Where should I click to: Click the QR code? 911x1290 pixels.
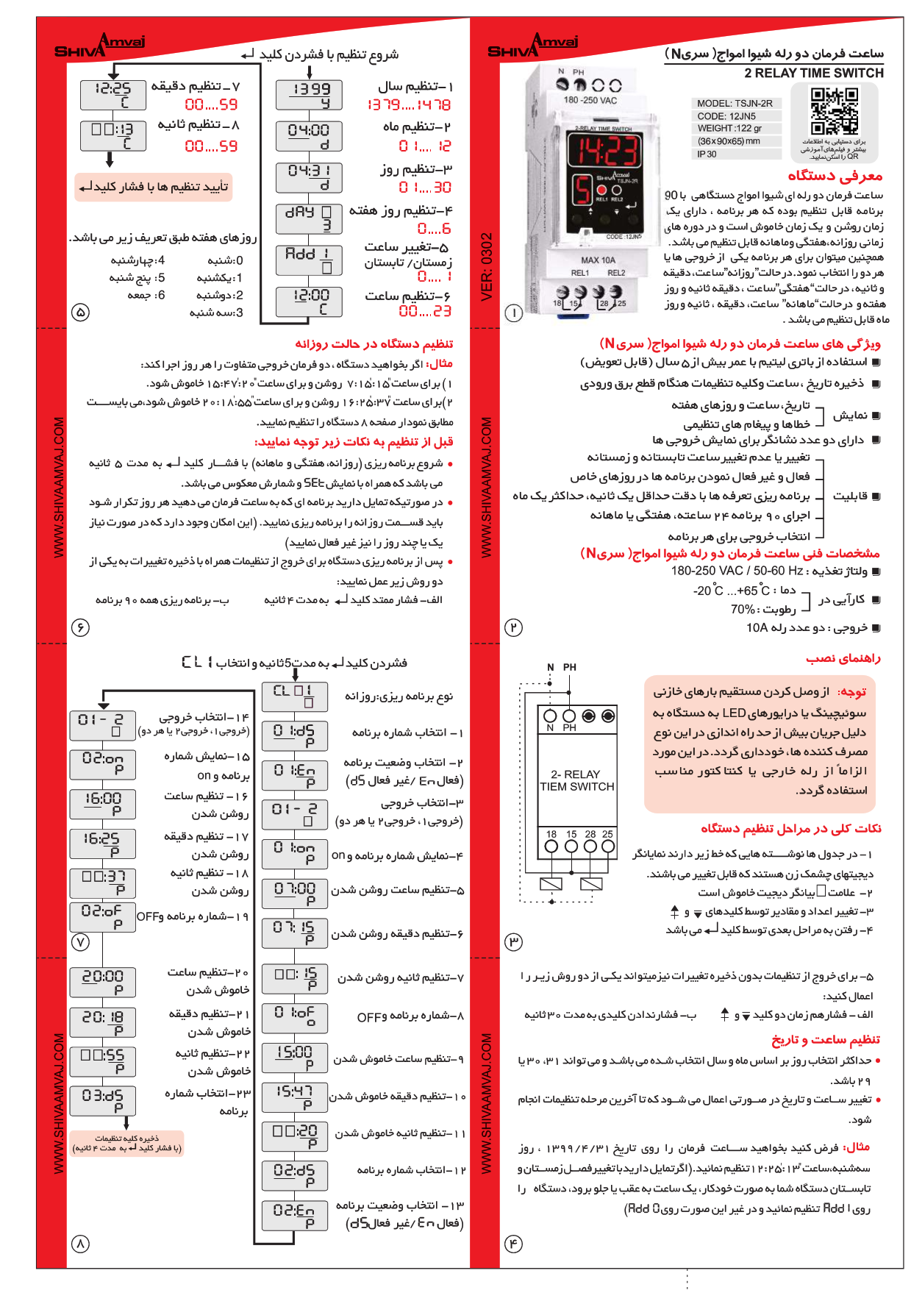click(834, 111)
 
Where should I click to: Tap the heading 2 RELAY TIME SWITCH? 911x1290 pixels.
click(813, 73)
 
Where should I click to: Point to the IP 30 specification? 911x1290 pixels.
click(707, 154)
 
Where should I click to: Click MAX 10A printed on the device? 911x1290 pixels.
click(598, 260)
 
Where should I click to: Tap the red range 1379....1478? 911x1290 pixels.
click(409, 105)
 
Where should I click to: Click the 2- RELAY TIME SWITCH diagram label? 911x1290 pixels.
click(577, 780)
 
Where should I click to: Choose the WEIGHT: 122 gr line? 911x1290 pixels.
click(729, 129)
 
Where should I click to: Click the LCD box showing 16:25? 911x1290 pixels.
click(103, 844)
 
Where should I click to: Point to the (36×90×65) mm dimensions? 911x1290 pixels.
click(729, 141)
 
